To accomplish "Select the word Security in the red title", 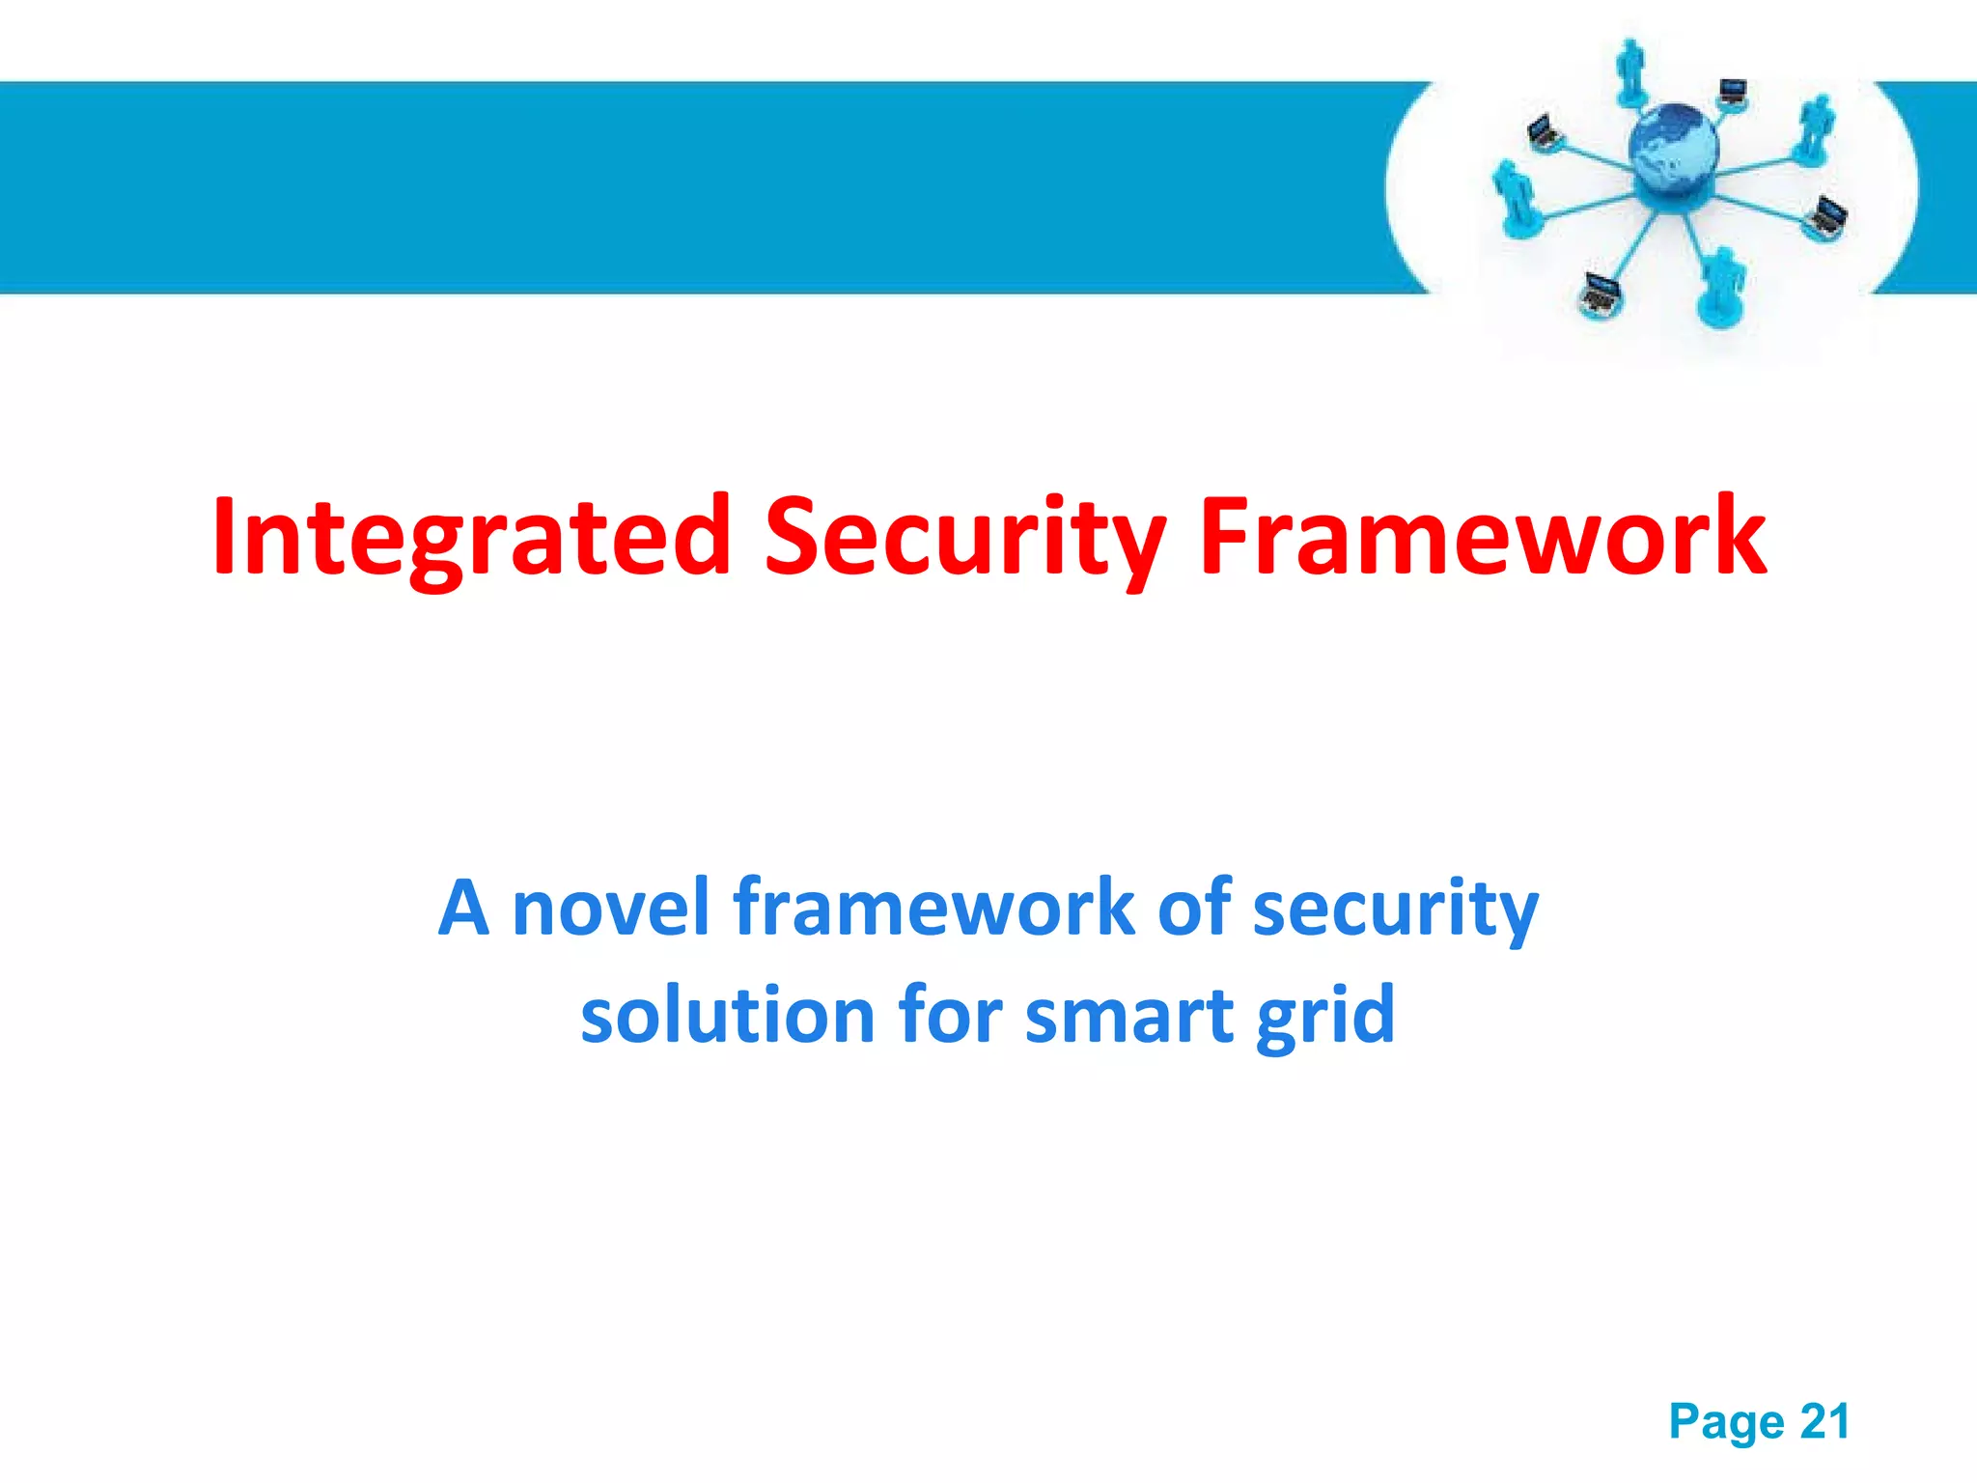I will click(964, 537).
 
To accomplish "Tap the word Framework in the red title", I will click(1482, 537).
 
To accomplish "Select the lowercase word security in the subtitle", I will click(1394, 909).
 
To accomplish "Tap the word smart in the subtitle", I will click(1128, 1017).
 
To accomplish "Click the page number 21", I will click(1824, 1421).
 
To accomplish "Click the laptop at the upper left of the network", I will click(1544, 131).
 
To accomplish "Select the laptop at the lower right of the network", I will click(1827, 216).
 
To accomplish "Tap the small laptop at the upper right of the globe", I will click(1733, 94).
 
